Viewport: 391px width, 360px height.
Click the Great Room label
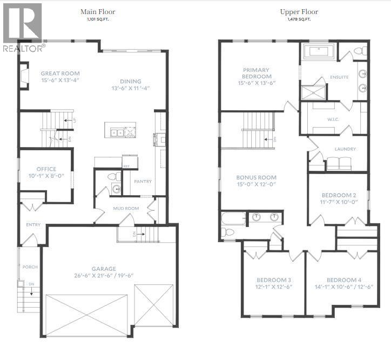pyautogui.click(x=60, y=74)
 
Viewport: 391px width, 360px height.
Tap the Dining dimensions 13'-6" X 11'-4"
pyautogui.click(x=131, y=88)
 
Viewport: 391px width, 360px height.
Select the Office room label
pyautogui.click(x=46, y=169)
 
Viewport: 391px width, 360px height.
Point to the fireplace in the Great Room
pyautogui.click(x=24, y=75)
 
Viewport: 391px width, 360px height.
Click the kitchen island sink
pyautogui.click(x=117, y=132)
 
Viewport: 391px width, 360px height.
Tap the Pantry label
pyautogui.click(x=143, y=182)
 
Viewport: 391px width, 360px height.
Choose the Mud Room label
pyautogui.click(x=126, y=209)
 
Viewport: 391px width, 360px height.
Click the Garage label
pyautogui.click(x=104, y=269)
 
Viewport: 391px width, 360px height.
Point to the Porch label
pyautogui.click(x=30, y=267)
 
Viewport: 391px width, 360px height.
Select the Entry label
pyautogui.click(x=33, y=225)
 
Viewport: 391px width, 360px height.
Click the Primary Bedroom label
pyautogui.click(x=257, y=73)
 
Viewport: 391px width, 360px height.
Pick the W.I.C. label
pyautogui.click(x=333, y=119)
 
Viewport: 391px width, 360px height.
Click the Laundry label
pyautogui.click(x=345, y=149)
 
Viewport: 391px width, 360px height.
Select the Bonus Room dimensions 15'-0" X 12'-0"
pyautogui.click(x=257, y=184)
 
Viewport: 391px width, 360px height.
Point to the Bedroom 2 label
pyautogui.click(x=339, y=195)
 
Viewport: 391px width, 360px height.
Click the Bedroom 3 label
pyautogui.click(x=274, y=280)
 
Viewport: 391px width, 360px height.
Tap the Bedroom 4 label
pyautogui.click(x=344, y=280)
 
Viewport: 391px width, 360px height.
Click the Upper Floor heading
pyautogui.click(x=299, y=12)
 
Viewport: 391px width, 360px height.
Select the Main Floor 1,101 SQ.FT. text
pyautogui.click(x=98, y=15)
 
